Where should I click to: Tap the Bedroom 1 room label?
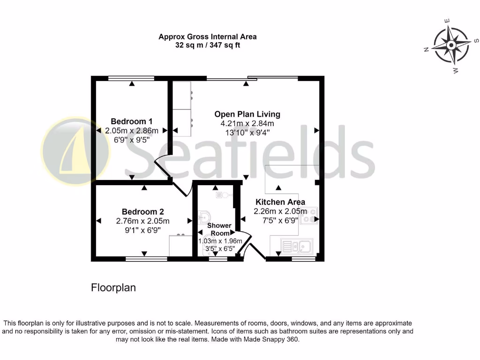click(131, 121)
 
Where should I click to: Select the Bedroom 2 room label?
click(142, 211)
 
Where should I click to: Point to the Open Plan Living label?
click(247, 114)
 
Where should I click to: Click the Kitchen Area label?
click(280, 202)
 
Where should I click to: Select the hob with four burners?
click(309, 215)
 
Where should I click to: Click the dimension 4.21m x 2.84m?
click(247, 123)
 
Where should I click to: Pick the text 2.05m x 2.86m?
click(131, 130)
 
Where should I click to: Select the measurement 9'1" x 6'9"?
click(142, 230)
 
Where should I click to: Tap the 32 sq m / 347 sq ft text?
click(207, 45)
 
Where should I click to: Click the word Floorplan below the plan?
click(113, 288)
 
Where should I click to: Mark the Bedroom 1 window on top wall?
click(131, 78)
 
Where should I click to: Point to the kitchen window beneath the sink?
click(303, 258)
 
